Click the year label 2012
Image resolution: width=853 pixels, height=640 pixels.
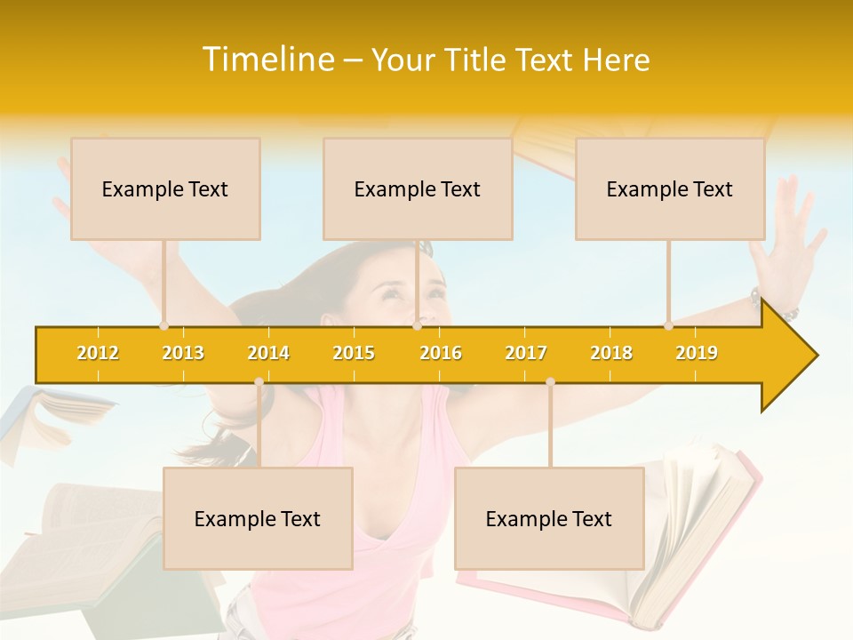pos(98,353)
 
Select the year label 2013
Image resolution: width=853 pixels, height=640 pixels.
pos(183,353)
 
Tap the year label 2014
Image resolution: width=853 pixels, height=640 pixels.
pos(268,353)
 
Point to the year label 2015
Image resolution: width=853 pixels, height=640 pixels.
pos(354,353)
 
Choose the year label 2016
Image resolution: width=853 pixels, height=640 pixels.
pos(441,353)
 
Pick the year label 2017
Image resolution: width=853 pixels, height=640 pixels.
pos(526,353)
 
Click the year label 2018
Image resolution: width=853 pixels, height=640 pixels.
pos(611,353)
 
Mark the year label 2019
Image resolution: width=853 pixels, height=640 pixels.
pos(697,353)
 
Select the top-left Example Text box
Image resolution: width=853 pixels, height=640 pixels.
pos(165,188)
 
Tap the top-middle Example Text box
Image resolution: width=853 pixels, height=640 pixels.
pos(418,188)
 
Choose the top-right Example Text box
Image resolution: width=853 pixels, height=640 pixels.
pos(670,188)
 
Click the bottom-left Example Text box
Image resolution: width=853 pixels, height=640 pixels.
pos(258,518)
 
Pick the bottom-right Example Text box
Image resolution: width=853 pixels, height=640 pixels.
pos(549,518)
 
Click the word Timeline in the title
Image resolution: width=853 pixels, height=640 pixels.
pos(267,60)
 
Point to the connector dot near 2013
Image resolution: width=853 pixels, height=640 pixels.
pos(163,326)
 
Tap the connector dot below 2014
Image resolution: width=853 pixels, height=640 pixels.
pos(259,382)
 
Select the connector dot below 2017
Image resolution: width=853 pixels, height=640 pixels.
pos(550,382)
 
